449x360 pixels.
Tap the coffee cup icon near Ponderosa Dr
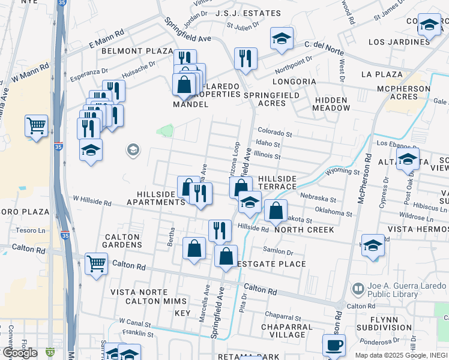coord(334,345)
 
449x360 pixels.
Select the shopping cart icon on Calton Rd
coord(96,262)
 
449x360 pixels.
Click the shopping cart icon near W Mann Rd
coord(36,126)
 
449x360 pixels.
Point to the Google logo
coord(20,352)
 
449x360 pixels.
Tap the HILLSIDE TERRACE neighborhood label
coord(277,183)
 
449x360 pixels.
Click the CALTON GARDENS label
coord(122,241)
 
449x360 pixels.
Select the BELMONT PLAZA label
coord(137,51)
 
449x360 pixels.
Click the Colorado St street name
coord(274,131)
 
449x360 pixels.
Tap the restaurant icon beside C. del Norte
coord(245,59)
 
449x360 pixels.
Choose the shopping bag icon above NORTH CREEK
coord(275,211)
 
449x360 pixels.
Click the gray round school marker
coord(133,149)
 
